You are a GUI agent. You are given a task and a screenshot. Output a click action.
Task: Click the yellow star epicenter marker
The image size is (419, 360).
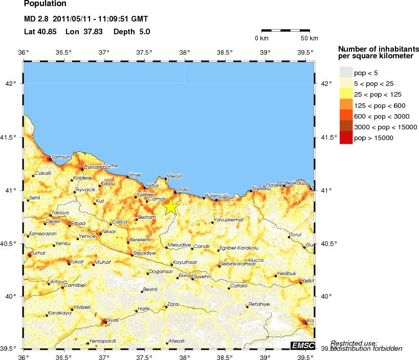[x=171, y=207]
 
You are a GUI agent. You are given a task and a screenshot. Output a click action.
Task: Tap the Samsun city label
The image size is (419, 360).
[x=60, y=157]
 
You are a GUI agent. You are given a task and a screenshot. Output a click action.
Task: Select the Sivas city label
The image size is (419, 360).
[x=113, y=320]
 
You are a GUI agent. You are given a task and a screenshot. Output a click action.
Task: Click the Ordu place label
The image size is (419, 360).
[x=182, y=189]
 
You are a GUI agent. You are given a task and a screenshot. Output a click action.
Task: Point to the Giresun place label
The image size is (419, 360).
[x=226, y=197]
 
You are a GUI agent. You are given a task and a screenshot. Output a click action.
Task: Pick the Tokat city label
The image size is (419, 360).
[x=77, y=261]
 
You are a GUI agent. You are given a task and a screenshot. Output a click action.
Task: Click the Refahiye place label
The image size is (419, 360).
[x=258, y=304]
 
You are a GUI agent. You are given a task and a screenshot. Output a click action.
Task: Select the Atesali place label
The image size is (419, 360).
[x=176, y=341]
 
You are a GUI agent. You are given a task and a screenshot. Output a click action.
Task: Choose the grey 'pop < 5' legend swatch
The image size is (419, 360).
[x=346, y=73]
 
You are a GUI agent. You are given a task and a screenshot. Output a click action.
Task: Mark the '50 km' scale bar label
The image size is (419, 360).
[x=308, y=38]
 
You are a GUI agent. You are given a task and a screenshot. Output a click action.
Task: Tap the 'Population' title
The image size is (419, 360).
[x=45, y=4]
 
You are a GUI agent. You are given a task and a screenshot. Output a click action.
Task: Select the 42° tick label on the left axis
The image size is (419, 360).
[x=11, y=83]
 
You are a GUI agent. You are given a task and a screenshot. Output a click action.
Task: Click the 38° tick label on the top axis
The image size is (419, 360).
[x=185, y=52]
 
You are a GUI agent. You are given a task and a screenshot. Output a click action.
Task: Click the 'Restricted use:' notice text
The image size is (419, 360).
[x=354, y=343]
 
